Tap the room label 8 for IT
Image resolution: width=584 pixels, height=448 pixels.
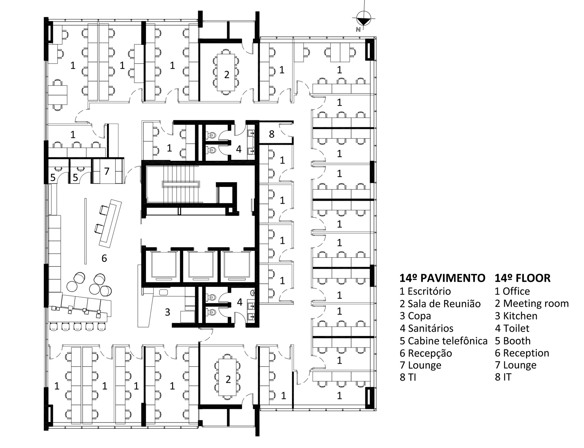[272, 134]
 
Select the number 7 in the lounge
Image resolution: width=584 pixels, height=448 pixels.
[107, 171]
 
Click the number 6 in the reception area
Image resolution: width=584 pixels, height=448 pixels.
[104, 258]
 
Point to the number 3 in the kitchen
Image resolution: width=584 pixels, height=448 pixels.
[167, 312]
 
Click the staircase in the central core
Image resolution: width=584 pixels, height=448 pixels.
[181, 184]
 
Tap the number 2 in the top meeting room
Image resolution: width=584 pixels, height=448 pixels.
[227, 75]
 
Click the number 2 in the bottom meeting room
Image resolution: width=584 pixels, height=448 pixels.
[228, 379]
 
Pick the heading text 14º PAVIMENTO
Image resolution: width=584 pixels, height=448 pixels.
[442, 278]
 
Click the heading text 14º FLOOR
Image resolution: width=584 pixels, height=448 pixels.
[522, 278]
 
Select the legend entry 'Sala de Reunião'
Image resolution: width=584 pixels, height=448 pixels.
[440, 304]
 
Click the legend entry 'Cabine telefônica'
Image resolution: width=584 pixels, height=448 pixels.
[444, 341]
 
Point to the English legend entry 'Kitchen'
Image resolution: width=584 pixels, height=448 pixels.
[516, 316]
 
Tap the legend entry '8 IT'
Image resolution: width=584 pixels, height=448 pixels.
[503, 377]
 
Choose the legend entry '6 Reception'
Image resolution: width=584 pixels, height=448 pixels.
[522, 353]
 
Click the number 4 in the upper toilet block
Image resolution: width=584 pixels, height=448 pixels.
[239, 149]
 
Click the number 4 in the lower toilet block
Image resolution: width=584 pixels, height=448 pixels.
[239, 302]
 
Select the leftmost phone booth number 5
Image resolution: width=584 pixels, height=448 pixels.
[53, 177]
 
